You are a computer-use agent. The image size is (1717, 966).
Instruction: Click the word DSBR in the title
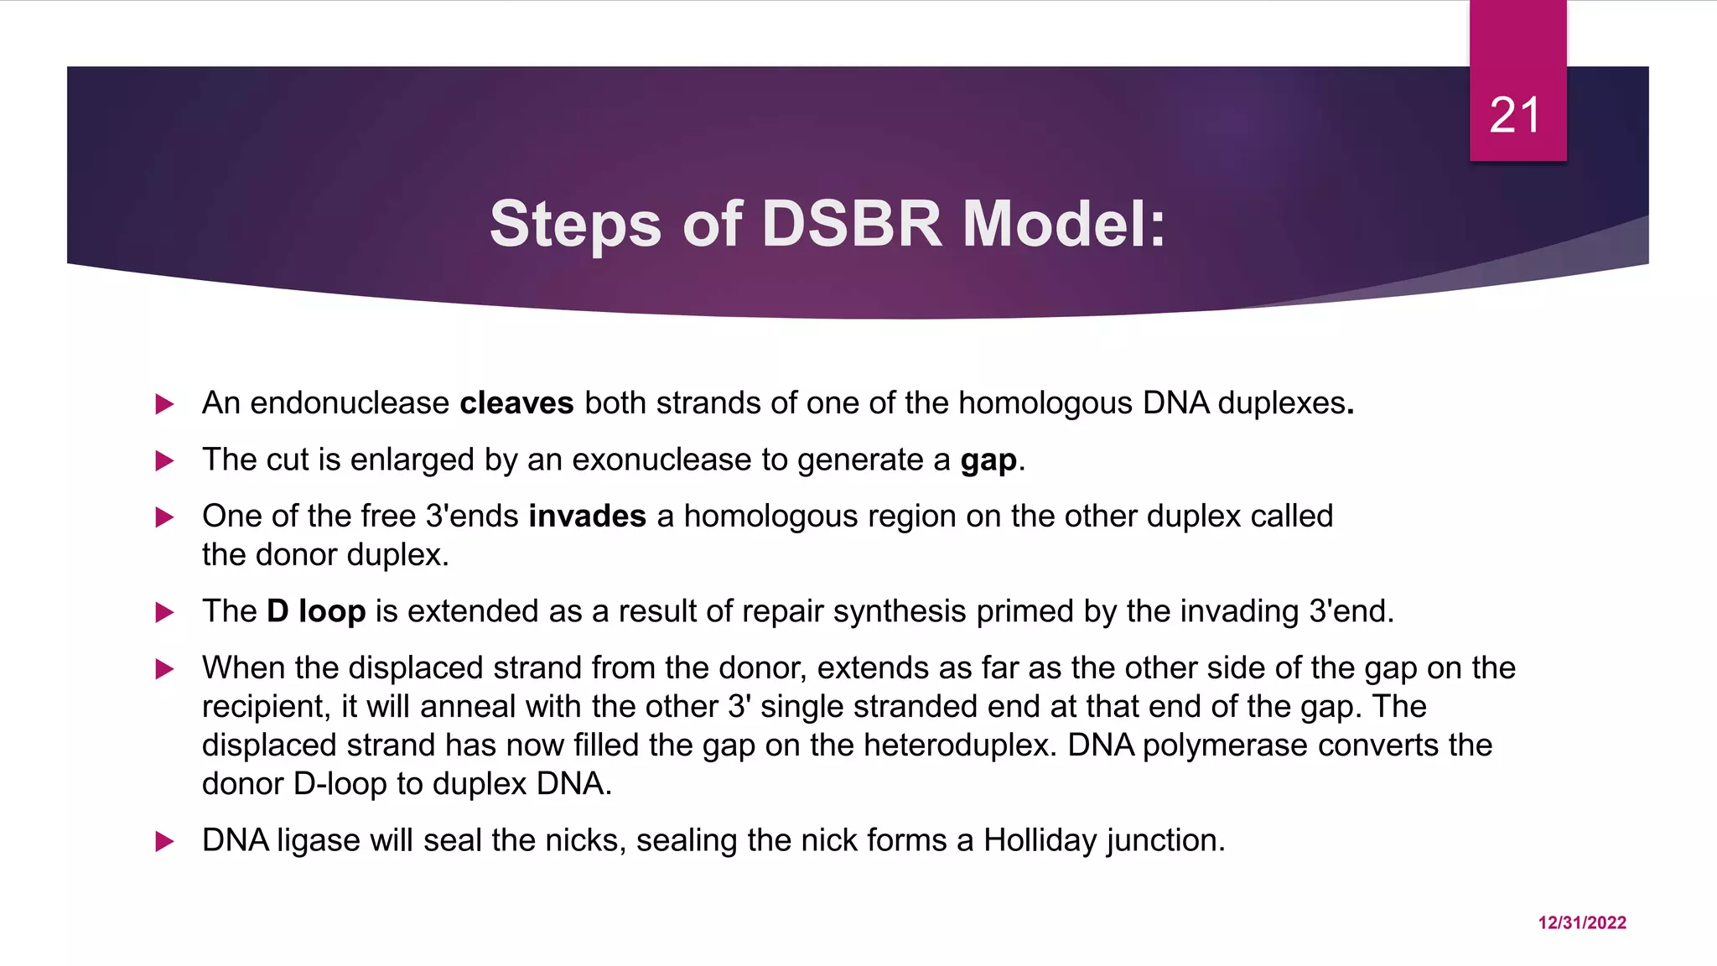[851, 224]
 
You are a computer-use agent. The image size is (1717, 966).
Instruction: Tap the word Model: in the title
[1064, 224]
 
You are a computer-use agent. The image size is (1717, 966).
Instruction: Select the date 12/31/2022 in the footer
[1581, 922]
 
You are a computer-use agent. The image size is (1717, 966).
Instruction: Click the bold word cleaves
[516, 403]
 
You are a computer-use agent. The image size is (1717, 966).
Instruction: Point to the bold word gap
[988, 461]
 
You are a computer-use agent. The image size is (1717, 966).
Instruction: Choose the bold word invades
[587, 516]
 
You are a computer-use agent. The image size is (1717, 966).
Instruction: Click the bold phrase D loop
[316, 611]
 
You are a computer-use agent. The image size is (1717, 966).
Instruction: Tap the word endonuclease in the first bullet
[350, 403]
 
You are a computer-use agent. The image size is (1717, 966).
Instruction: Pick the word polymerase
[1224, 745]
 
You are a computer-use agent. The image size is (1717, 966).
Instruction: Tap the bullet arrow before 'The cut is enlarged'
[164, 460]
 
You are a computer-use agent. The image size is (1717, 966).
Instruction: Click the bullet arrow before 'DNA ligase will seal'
[164, 841]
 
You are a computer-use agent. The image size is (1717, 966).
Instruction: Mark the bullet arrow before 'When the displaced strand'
[164, 669]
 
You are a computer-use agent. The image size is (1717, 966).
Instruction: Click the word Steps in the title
[575, 224]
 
